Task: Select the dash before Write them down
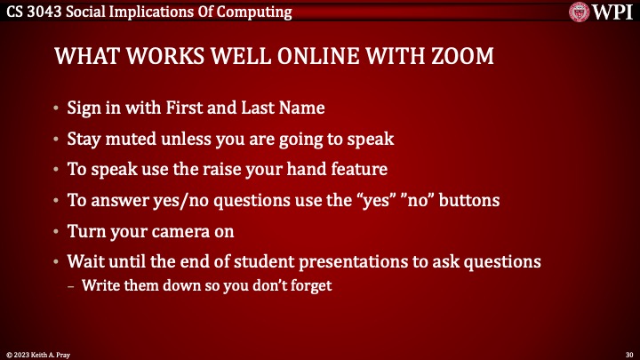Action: (x=73, y=285)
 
